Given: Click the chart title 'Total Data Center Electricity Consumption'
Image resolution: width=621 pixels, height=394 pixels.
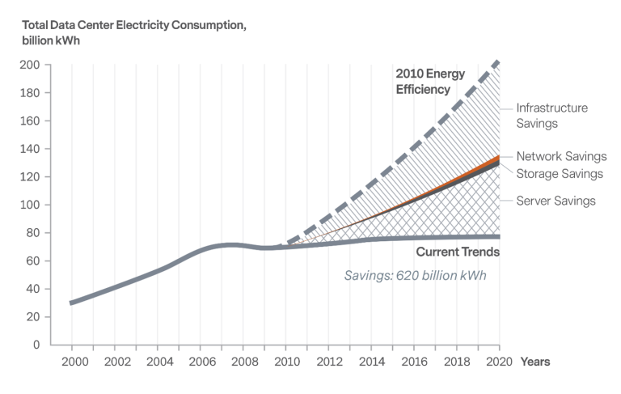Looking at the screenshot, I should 128,26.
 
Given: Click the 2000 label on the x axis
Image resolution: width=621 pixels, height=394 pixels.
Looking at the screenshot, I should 72,362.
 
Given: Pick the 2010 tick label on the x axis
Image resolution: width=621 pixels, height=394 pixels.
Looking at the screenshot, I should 286,362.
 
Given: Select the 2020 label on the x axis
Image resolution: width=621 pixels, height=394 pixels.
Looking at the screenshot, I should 501,362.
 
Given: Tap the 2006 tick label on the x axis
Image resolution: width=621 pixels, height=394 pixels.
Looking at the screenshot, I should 201,362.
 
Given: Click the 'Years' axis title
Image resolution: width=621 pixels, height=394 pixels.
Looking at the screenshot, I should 535,362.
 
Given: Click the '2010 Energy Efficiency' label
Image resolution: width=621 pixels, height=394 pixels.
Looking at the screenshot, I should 431,82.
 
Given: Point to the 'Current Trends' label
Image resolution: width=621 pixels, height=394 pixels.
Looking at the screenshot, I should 458,252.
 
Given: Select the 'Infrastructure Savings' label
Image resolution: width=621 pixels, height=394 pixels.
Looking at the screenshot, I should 551,115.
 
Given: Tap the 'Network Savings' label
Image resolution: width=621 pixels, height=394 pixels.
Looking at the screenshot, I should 561,157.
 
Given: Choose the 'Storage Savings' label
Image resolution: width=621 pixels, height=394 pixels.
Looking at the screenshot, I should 560,173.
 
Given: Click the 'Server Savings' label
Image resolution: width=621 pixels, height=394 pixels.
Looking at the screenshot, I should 556,201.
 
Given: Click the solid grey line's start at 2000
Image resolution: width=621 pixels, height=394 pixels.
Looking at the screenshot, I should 72,303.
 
